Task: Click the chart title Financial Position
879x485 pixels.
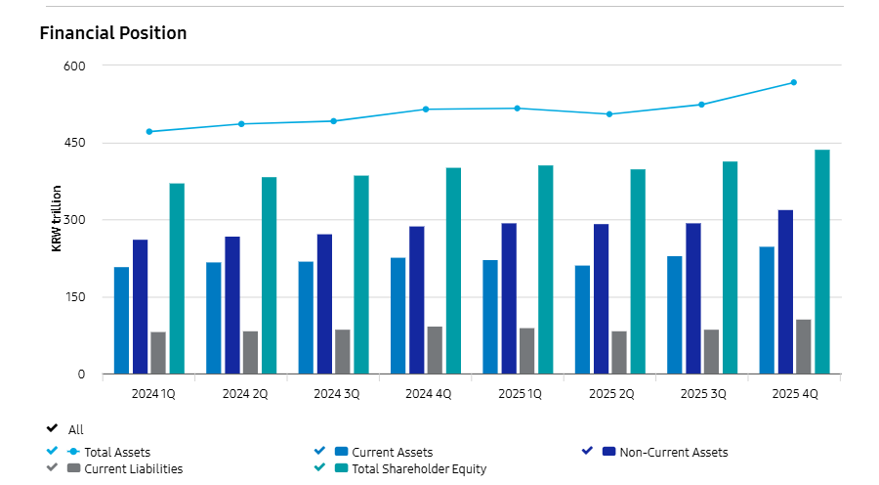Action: pyautogui.click(x=113, y=33)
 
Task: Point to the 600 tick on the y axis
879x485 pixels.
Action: pyautogui.click(x=75, y=66)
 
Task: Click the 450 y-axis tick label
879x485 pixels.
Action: pyautogui.click(x=75, y=143)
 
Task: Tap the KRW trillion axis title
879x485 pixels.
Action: pyautogui.click(x=57, y=218)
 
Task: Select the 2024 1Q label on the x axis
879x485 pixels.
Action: pyautogui.click(x=153, y=394)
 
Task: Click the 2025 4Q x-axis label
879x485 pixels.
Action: pyautogui.click(x=795, y=394)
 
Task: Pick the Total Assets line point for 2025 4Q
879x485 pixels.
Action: pyautogui.click(x=794, y=82)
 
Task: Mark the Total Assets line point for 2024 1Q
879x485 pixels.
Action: pyautogui.click(x=148, y=131)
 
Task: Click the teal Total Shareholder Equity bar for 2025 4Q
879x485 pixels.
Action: pyautogui.click(x=822, y=262)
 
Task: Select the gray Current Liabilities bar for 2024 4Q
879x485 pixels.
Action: pyautogui.click(x=435, y=350)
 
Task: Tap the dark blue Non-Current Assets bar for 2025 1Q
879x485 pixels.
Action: pyautogui.click(x=509, y=298)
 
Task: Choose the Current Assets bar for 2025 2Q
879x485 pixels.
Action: pyautogui.click(x=582, y=320)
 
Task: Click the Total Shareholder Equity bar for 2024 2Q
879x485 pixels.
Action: pyautogui.click(x=269, y=276)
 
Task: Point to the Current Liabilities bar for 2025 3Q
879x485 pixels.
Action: pyautogui.click(x=711, y=352)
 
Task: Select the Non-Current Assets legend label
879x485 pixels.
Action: pyautogui.click(x=673, y=452)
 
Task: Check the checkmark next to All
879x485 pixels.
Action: pyautogui.click(x=52, y=428)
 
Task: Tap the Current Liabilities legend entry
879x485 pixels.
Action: pyautogui.click(x=133, y=468)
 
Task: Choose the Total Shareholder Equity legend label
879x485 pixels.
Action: pyautogui.click(x=419, y=468)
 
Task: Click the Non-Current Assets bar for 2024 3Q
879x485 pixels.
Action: pyautogui.click(x=324, y=304)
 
